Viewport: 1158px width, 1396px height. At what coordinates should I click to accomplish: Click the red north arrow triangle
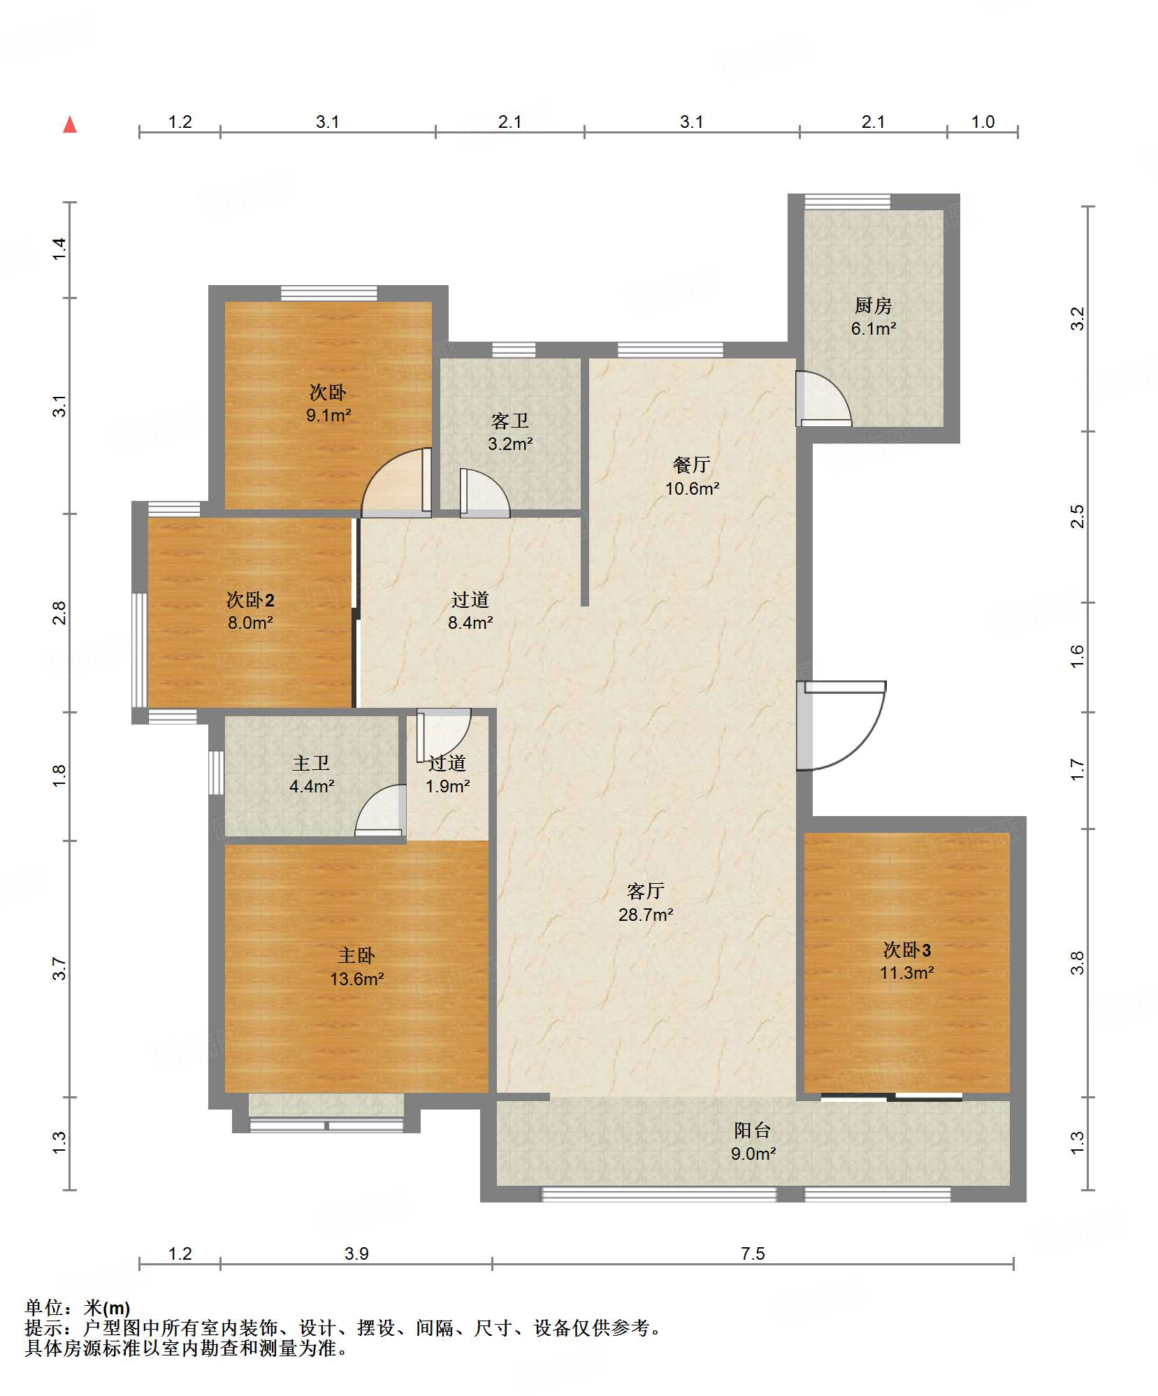pyautogui.click(x=70, y=125)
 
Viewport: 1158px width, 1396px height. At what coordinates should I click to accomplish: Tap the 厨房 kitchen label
pyautogui.click(x=873, y=305)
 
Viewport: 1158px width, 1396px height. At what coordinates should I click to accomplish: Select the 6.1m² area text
pyautogui.click(x=873, y=328)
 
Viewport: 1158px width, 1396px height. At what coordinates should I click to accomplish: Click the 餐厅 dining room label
pyautogui.click(x=691, y=465)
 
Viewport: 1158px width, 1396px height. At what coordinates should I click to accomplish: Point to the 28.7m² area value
pyautogui.click(x=646, y=915)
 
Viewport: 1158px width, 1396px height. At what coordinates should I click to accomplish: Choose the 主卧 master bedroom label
pyautogui.click(x=356, y=955)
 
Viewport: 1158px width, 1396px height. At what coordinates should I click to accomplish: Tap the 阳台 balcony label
pyautogui.click(x=753, y=1130)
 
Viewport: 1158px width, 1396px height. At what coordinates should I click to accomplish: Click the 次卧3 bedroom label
pyautogui.click(x=906, y=950)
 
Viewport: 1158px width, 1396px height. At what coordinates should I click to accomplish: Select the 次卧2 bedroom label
pyautogui.click(x=250, y=599)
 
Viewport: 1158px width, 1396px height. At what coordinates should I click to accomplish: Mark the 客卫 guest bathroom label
pyautogui.click(x=509, y=421)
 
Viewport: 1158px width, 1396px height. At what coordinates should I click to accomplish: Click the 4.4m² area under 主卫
pyautogui.click(x=312, y=786)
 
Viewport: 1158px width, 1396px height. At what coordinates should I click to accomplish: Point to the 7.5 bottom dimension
pyautogui.click(x=753, y=1253)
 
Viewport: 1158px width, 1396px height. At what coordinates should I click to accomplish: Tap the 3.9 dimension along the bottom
pyautogui.click(x=356, y=1253)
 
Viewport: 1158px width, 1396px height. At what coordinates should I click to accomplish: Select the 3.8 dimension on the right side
pyautogui.click(x=1078, y=963)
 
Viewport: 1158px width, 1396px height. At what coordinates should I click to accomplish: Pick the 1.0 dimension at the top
pyautogui.click(x=983, y=122)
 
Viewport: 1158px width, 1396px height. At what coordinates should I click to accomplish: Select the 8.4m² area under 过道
pyautogui.click(x=470, y=623)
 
